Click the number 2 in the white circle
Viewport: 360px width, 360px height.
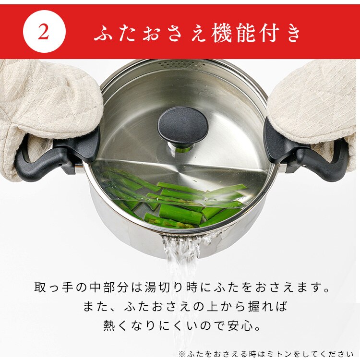pos(44,32)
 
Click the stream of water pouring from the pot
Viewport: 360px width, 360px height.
pos(180,269)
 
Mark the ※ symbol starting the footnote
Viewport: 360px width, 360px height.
pos(182,354)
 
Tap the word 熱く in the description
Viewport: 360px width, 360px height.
pos(111,325)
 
